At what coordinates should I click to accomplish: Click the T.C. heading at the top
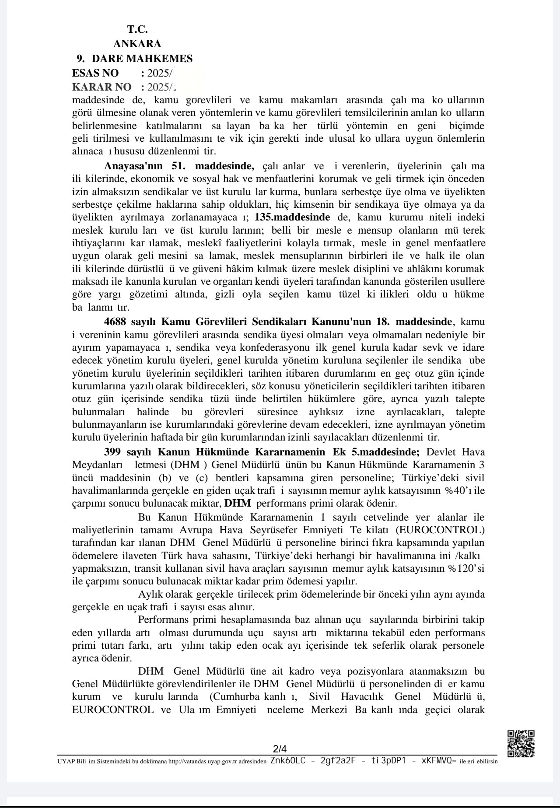137,30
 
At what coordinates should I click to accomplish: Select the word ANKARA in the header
137,44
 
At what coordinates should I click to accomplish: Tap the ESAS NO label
95,73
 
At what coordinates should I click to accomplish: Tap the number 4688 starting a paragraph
115,322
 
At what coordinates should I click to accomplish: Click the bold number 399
112,451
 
